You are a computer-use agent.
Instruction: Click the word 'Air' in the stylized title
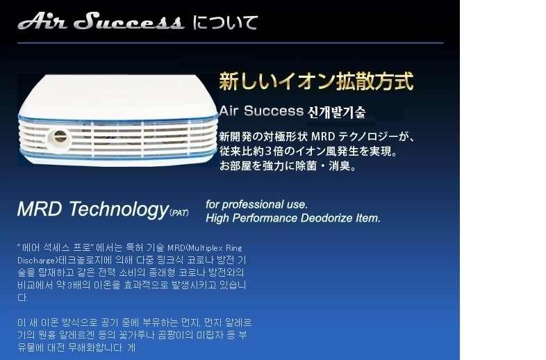pyautogui.click(x=42, y=22)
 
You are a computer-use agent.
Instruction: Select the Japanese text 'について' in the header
pyautogui.click(x=225, y=23)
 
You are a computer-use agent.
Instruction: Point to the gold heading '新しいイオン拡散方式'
pyautogui.click(x=316, y=81)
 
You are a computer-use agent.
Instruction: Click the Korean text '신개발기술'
pyautogui.click(x=336, y=112)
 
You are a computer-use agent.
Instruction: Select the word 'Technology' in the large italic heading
pyautogui.click(x=119, y=210)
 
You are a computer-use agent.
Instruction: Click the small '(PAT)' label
pyautogui.click(x=179, y=213)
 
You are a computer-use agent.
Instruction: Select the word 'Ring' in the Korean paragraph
pyautogui.click(x=234, y=248)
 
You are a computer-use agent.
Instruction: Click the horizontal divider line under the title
pyautogui.click(x=231, y=43)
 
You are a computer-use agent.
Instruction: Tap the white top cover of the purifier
pyautogui.click(x=117, y=96)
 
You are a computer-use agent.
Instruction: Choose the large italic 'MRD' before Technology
pyautogui.click(x=40, y=208)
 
